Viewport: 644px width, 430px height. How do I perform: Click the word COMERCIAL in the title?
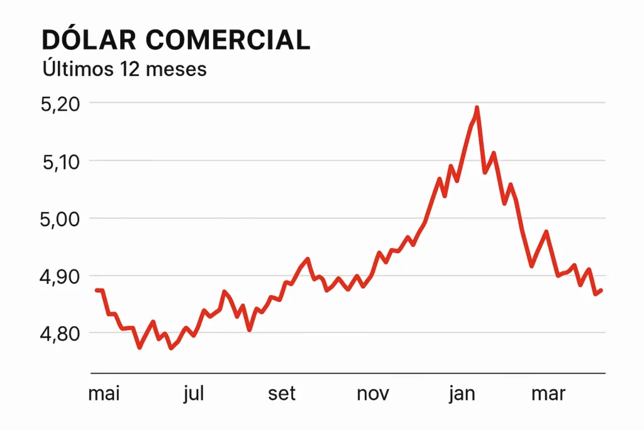point(228,40)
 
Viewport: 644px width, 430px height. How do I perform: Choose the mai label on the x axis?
point(104,394)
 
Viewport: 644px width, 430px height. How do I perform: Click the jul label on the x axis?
point(194,394)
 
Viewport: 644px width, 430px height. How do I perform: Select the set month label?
point(282,394)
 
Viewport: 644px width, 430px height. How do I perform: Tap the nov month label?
point(373,394)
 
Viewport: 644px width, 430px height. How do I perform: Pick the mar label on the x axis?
point(548,394)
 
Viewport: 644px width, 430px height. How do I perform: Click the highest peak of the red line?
point(477,108)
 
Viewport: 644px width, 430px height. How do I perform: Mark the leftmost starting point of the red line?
point(96,290)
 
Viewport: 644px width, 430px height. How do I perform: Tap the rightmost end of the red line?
point(602,290)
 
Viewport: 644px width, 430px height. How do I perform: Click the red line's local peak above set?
point(308,259)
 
